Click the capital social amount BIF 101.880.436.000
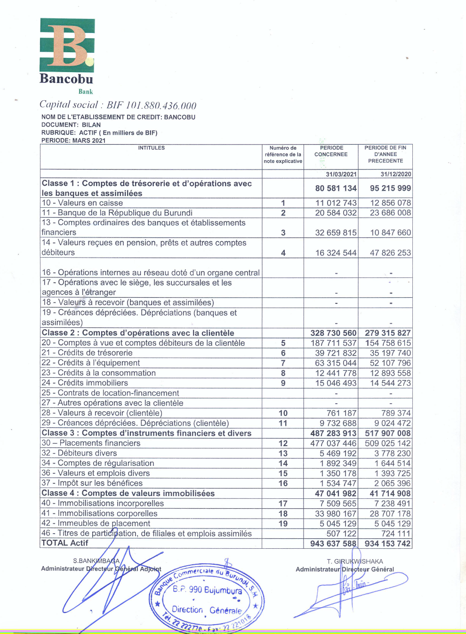point(151,105)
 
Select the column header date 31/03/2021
point(341,174)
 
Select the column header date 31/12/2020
point(395,174)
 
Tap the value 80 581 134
point(336,188)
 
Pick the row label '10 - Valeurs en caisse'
point(82,203)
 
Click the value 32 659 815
point(336,232)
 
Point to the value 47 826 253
point(390,252)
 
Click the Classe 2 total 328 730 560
point(333,333)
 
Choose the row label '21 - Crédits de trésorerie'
point(87,352)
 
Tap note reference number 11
point(283,423)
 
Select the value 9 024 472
point(393,423)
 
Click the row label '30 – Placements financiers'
point(91,443)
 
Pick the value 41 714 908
point(390,493)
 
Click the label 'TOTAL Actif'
point(65,543)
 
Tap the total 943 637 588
point(333,543)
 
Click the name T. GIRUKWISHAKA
point(355,561)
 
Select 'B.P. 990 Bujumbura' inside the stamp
point(207,590)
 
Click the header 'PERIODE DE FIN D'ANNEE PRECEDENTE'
point(385,154)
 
